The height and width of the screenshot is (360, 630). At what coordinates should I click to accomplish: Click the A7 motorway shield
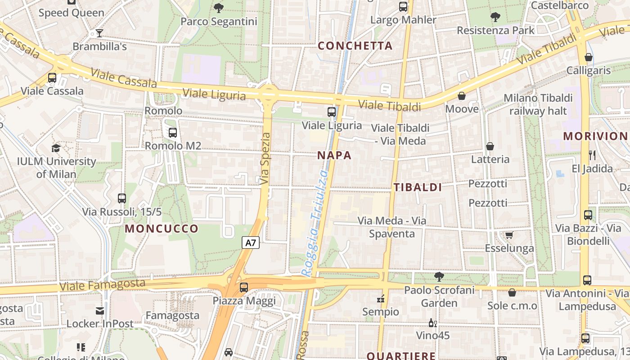[x=251, y=243]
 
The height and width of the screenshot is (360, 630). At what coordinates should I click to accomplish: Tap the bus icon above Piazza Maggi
[x=244, y=287]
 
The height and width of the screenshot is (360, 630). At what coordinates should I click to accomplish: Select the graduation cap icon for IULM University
[x=56, y=148]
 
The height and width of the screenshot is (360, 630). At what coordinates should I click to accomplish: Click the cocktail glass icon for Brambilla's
[x=99, y=33]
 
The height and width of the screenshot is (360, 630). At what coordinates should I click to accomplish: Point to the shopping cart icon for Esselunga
[x=509, y=235]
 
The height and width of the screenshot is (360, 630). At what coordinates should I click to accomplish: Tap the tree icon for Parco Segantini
[x=219, y=8]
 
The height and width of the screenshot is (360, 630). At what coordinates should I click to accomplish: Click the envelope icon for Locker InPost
[x=100, y=310]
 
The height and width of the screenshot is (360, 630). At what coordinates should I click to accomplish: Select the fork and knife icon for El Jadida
[x=592, y=155]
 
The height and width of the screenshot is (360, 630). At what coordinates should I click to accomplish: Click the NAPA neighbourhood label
[x=334, y=156]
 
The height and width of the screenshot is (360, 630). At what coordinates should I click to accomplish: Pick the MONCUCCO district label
[x=162, y=229]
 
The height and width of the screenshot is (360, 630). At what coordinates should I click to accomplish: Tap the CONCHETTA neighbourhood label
[x=355, y=46]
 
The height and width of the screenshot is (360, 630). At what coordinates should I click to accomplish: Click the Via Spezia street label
[x=265, y=158]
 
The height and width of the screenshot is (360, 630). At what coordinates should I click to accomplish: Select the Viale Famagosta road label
[x=103, y=285]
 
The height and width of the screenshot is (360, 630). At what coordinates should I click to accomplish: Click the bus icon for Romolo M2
[x=172, y=133]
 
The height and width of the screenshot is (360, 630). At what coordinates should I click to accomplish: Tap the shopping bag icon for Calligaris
[x=588, y=57]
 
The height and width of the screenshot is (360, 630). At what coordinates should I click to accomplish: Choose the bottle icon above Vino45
[x=432, y=323]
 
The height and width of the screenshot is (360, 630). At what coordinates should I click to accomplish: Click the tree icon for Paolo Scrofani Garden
[x=439, y=277]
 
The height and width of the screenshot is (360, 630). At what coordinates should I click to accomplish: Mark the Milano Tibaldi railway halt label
[x=538, y=104]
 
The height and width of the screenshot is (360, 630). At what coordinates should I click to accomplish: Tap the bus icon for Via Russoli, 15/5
[x=122, y=198]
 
